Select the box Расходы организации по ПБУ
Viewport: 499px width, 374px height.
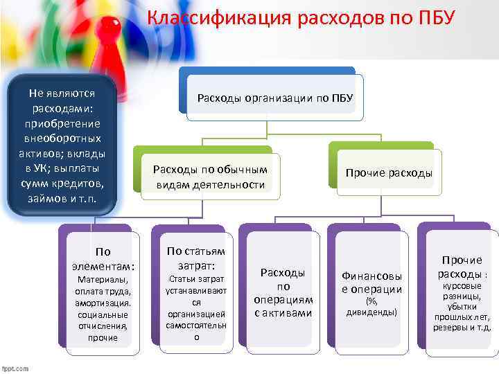275,99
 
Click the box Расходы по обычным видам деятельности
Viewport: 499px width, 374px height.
209,177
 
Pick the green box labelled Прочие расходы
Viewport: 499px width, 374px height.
389,173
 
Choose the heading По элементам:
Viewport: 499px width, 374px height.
103,259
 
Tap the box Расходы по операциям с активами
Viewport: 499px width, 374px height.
283,293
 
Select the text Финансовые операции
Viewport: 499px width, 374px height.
371,283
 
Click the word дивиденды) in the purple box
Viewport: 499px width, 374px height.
372,312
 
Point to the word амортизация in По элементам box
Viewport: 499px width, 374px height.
102,303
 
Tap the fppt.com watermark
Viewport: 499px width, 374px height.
15,368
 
